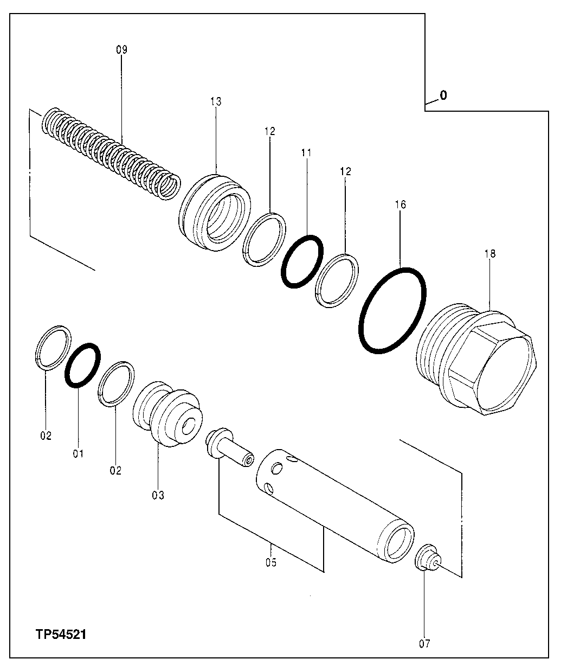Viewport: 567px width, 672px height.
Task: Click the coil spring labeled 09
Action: [111, 155]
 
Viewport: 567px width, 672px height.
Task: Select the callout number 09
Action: [121, 50]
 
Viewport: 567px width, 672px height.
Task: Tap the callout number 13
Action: [215, 101]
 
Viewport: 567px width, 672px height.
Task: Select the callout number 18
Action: [490, 253]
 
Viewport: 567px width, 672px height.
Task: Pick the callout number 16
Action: [401, 205]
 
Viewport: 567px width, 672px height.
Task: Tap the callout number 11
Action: [306, 153]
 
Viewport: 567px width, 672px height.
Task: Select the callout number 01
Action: [78, 453]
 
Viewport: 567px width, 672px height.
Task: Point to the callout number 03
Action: [158, 495]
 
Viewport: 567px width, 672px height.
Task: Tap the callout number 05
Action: [271, 562]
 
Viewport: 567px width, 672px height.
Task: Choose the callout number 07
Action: [424, 644]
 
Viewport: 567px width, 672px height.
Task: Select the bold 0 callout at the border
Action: [443, 96]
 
